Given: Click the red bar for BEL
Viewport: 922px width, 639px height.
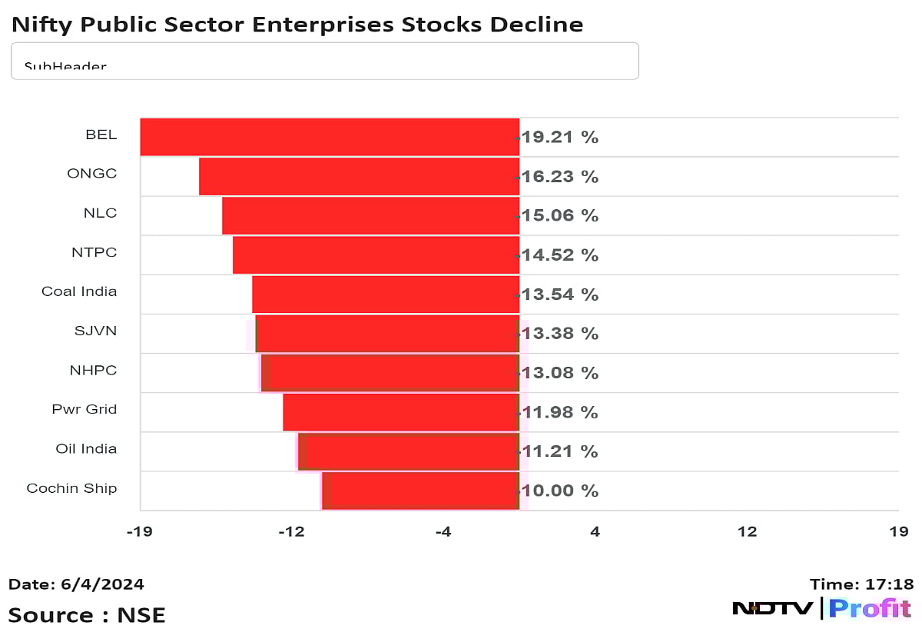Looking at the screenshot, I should coord(330,137).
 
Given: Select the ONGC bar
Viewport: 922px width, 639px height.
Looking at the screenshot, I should coord(359,176).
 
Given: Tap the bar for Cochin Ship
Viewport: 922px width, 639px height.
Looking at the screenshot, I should coord(421,491).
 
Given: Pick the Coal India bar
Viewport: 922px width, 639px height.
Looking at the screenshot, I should coord(386,294).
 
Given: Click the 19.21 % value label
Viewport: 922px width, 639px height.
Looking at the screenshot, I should coord(559,138).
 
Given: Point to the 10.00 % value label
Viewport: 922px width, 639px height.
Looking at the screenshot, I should coord(559,491).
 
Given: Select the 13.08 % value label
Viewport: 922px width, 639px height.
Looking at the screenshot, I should coord(559,373).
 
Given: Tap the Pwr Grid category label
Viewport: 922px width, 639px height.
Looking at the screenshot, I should coord(85,409).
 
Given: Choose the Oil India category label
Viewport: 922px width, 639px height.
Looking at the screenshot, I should coord(86,448).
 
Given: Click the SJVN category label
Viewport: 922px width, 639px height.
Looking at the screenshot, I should coord(95,331).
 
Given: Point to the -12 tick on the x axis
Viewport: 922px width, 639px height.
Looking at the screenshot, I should coord(291,531).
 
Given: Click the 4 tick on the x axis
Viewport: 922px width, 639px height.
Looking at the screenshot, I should coord(595,531).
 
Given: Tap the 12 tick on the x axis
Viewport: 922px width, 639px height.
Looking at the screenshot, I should coord(747,531).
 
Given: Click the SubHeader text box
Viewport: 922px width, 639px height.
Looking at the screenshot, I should coord(324,61).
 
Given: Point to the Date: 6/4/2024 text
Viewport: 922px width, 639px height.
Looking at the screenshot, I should coord(76,584).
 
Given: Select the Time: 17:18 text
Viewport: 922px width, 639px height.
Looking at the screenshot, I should coord(861,584).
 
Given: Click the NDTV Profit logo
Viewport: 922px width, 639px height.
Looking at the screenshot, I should coord(821,609).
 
